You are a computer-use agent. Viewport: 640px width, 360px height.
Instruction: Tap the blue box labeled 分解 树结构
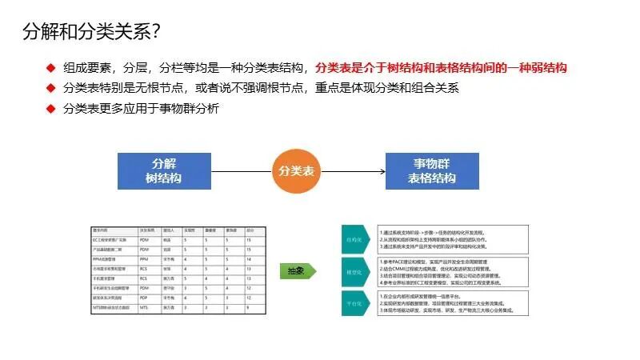pyautogui.click(x=164, y=170)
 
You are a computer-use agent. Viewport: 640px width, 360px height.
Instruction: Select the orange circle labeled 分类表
pyautogui.click(x=297, y=170)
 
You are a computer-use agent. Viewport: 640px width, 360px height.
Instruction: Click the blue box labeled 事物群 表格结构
pyautogui.click(x=432, y=170)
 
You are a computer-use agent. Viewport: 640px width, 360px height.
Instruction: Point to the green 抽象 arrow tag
pyautogui.click(x=297, y=271)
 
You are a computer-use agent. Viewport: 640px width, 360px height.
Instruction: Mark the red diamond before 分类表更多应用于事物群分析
pyautogui.click(x=50, y=108)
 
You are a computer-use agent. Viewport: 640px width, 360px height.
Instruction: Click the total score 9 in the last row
pyautogui.click(x=249, y=307)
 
